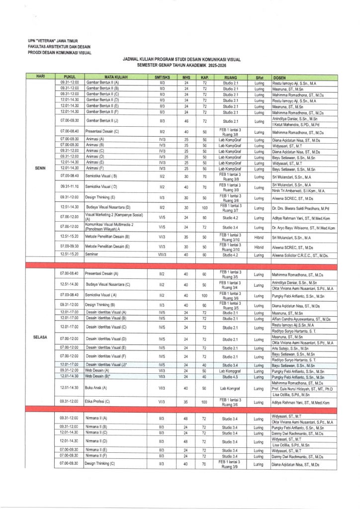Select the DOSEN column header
279,78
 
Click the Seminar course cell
91,254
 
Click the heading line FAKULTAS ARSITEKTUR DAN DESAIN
60,46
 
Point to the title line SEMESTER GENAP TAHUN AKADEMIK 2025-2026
182,65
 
